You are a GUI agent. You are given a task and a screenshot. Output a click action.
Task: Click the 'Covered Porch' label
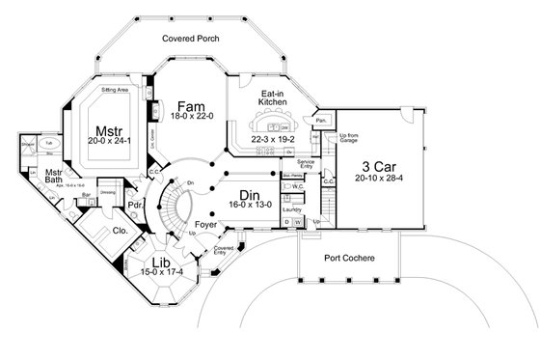pos(192,40)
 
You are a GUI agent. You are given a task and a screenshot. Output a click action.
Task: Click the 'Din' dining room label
pos(252,198)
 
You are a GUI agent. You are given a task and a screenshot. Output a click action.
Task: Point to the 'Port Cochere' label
pos(351,259)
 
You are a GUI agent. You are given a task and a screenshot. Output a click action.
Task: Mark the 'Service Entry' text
pos(307,164)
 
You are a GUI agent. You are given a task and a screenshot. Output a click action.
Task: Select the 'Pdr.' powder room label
pos(137,205)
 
